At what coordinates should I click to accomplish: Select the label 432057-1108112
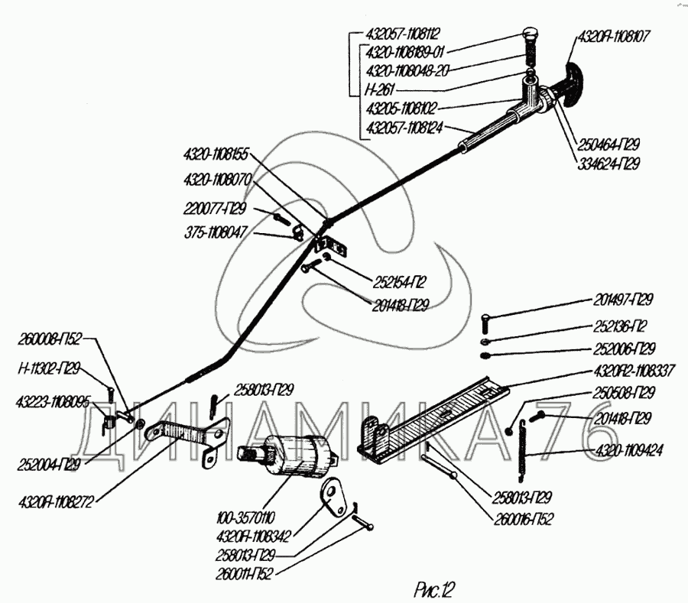pos(404,34)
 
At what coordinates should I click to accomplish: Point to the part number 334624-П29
pos(608,164)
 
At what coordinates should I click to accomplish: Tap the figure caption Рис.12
pos(433,588)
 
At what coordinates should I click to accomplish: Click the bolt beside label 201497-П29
pos(487,321)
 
